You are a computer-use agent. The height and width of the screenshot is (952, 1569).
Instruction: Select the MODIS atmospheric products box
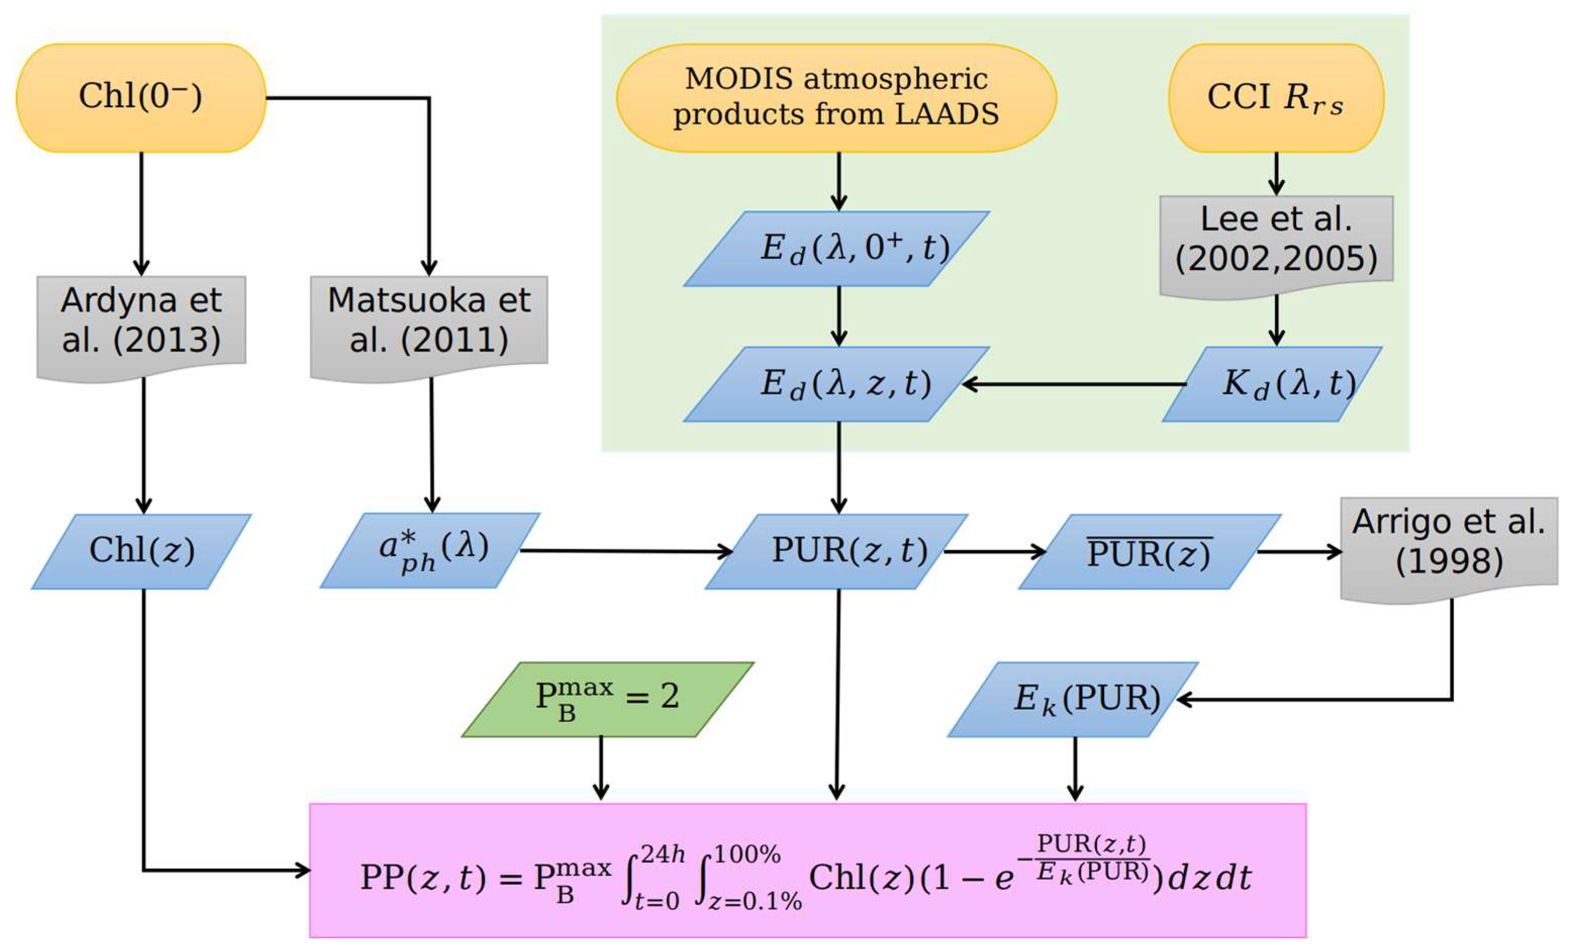[x=836, y=98]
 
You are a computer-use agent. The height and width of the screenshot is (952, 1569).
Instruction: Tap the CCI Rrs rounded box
[x=1276, y=98]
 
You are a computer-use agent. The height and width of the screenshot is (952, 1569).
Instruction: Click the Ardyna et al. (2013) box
[x=141, y=321]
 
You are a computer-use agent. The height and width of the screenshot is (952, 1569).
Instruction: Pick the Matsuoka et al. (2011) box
[x=428, y=321]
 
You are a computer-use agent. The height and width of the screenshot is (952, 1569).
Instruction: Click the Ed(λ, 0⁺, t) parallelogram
[x=837, y=248]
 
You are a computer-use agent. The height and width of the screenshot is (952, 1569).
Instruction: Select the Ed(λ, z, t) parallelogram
[x=837, y=384]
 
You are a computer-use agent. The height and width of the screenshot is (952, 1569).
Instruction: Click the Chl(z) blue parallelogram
[x=141, y=551]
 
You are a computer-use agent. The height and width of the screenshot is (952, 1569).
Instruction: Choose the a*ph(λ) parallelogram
[x=430, y=550]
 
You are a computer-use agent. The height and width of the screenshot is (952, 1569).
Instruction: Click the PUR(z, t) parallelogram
[x=837, y=551]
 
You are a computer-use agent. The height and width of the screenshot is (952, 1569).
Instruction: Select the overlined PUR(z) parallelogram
[x=1149, y=551]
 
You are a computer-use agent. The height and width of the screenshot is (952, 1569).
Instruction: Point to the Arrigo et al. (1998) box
[x=1449, y=544]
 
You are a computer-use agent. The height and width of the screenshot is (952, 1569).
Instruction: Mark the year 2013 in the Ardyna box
[x=167, y=341]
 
